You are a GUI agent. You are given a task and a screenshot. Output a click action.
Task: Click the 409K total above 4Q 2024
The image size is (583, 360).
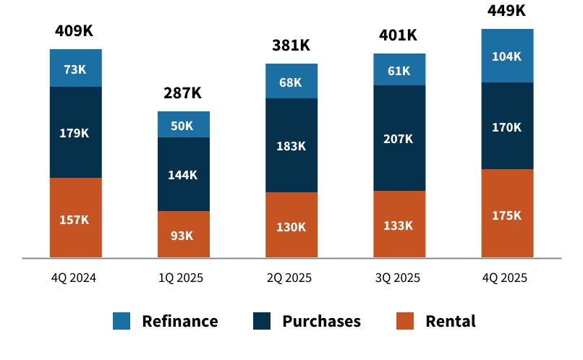pyautogui.click(x=75, y=31)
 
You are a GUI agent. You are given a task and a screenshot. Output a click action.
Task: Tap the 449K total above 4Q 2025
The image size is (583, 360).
pyautogui.click(x=506, y=10)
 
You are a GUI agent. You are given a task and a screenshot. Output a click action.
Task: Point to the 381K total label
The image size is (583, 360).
pyautogui.click(x=291, y=45)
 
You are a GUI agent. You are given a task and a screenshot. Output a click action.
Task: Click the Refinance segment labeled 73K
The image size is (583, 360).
pyautogui.click(x=75, y=69)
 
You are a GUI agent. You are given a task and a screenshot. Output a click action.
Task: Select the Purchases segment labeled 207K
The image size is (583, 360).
pyautogui.click(x=399, y=138)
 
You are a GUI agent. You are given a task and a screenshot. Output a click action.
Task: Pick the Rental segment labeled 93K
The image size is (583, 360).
pyautogui.click(x=183, y=235)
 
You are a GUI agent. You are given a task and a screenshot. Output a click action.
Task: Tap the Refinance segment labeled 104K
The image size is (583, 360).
pyautogui.click(x=507, y=56)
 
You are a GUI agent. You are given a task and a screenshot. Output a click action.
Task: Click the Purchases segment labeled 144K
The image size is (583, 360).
pyautogui.click(x=183, y=174)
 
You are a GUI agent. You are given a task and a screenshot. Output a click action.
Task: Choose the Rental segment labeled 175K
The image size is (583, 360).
pyautogui.click(x=507, y=214)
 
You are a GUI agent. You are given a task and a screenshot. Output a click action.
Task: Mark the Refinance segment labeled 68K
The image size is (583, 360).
pyautogui.click(x=291, y=82)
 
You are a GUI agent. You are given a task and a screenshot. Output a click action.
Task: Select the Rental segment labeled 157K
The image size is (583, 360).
pyautogui.click(x=75, y=218)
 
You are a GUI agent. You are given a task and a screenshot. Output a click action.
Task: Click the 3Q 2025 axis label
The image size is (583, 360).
pyautogui.click(x=399, y=278)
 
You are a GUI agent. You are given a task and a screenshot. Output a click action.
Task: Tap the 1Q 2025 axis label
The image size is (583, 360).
pyautogui.click(x=183, y=278)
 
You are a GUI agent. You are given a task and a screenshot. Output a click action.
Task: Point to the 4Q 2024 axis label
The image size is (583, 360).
pyautogui.click(x=75, y=278)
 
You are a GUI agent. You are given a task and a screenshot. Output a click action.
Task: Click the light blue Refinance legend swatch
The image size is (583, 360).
pyautogui.click(x=122, y=321)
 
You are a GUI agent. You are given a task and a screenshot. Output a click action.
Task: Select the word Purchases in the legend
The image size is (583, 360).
pyautogui.click(x=321, y=321)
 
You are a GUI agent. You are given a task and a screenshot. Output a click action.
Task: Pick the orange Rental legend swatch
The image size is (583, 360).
pyautogui.click(x=406, y=321)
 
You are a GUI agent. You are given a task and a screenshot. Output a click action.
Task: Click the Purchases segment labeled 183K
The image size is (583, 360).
pyautogui.click(x=291, y=145)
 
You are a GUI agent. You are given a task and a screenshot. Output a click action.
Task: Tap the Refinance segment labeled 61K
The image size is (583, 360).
pyautogui.click(x=399, y=70)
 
